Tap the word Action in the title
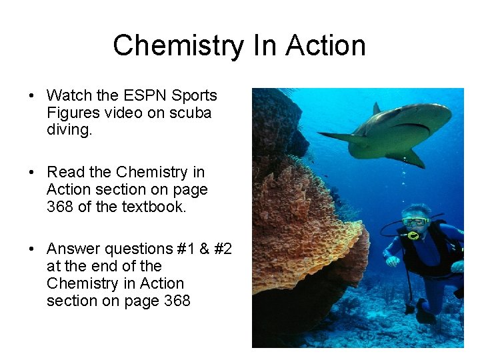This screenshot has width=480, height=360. (x=325, y=46)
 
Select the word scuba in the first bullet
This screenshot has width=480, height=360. (x=191, y=113)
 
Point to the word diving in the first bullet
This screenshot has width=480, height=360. (x=69, y=130)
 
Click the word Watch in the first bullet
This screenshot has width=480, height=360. (x=69, y=95)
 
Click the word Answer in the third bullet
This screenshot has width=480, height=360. (x=71, y=249)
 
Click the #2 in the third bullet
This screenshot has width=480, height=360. (x=222, y=249)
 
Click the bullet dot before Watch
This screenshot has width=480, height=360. (x=32, y=96)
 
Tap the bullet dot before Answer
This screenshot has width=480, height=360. (x=32, y=249)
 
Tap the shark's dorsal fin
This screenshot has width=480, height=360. (x=377, y=108)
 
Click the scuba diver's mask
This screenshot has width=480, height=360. (x=414, y=221)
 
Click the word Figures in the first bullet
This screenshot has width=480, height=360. (x=70, y=113)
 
